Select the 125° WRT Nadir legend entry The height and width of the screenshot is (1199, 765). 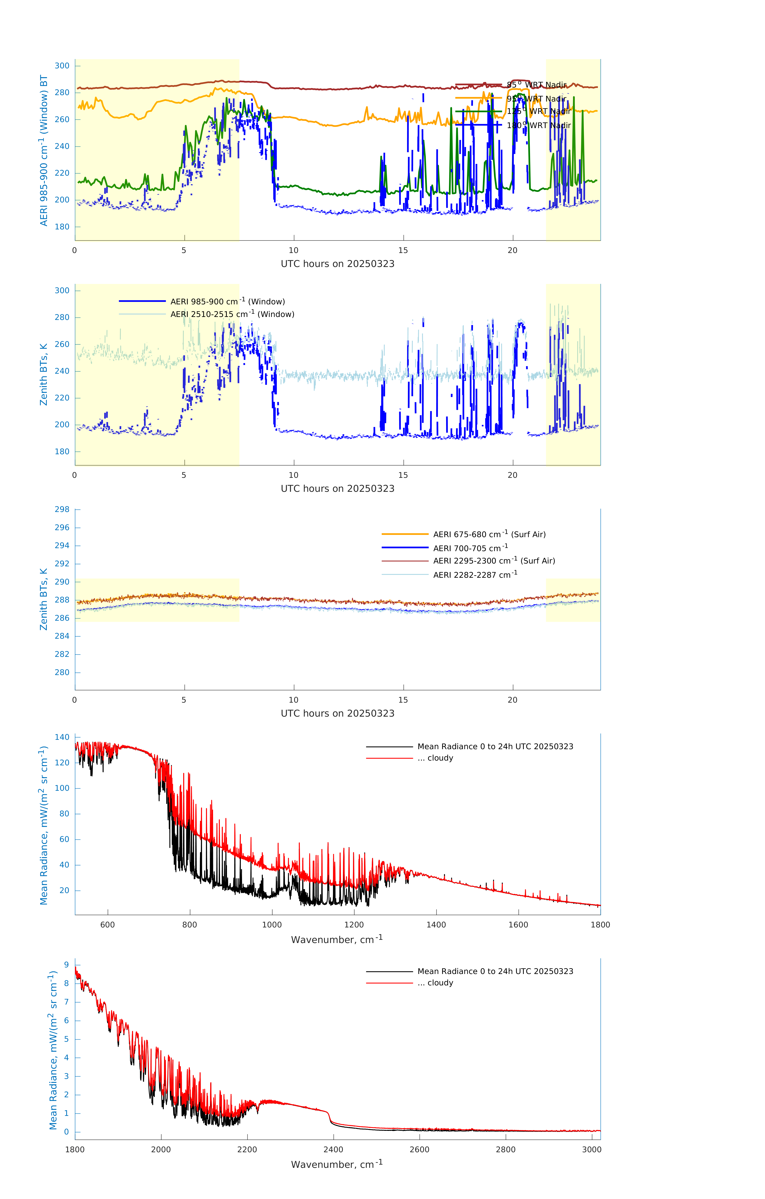[538, 112]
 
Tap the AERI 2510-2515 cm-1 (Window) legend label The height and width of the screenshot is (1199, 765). [232, 314]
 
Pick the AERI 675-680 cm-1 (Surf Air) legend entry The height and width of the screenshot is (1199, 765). [489, 534]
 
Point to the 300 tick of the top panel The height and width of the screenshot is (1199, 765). [62, 66]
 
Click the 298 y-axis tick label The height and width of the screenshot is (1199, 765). [62, 509]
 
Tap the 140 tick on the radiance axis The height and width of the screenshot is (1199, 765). [62, 737]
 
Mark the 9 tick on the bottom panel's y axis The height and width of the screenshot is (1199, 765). [66, 965]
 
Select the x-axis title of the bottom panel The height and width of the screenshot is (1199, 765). [337, 1165]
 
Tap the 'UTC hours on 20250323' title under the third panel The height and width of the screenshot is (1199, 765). [337, 714]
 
